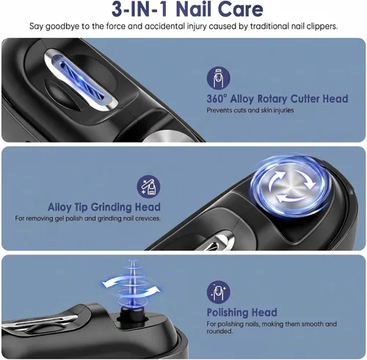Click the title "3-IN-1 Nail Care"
pyautogui.click(x=187, y=10)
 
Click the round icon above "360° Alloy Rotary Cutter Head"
pyautogui.click(x=218, y=78)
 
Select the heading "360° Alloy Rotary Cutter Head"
pyautogui.click(x=277, y=99)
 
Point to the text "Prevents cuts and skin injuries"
pyautogui.click(x=250, y=110)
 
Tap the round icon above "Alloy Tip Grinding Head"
pyautogui.click(x=148, y=186)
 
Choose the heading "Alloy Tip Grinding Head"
pyautogui.click(x=104, y=207)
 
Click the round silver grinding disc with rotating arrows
pyautogui.click(x=291, y=187)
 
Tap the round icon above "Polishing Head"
pyautogui.click(x=218, y=291)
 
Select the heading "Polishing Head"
pyautogui.click(x=242, y=312)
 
